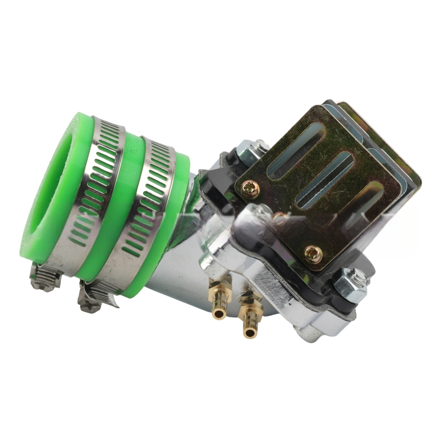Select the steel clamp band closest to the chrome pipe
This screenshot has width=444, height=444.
coord(150,205)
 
